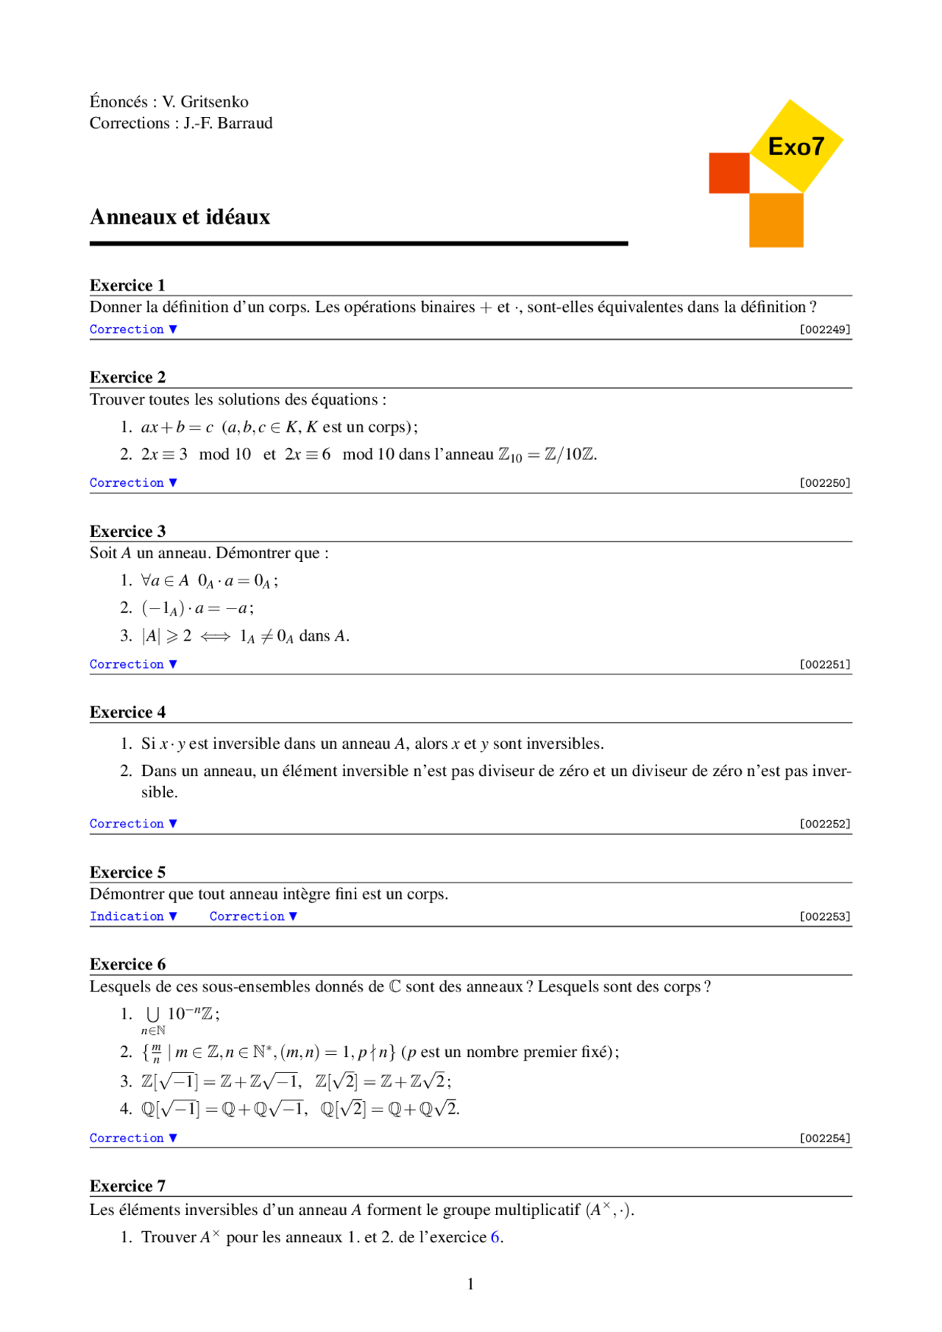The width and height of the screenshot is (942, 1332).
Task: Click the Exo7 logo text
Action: click(x=796, y=146)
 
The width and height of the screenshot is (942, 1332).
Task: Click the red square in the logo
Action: click(x=729, y=173)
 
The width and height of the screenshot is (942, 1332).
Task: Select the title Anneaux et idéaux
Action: click(x=180, y=217)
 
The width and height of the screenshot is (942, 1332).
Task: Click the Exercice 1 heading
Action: click(x=127, y=285)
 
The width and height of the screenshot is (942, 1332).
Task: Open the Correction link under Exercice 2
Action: click(x=133, y=482)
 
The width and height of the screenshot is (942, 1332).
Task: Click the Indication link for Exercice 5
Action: click(x=133, y=916)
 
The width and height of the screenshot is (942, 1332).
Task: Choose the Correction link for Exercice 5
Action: click(x=253, y=916)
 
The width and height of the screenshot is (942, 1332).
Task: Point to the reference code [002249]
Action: click(x=824, y=330)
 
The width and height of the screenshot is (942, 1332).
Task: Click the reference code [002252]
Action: click(x=824, y=824)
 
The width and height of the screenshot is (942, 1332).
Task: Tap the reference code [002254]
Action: click(x=824, y=1138)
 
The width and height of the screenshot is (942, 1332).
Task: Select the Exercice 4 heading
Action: click(x=127, y=712)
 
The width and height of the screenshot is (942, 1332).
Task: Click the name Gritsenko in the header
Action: click(x=214, y=101)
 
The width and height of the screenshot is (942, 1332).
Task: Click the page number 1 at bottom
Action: click(x=470, y=1284)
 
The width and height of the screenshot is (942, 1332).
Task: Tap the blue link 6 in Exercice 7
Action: click(x=495, y=1237)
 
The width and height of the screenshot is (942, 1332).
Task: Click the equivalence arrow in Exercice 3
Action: click(x=215, y=636)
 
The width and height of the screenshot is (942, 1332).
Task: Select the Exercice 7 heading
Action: click(x=127, y=1186)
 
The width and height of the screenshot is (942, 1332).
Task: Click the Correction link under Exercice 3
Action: click(x=133, y=664)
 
